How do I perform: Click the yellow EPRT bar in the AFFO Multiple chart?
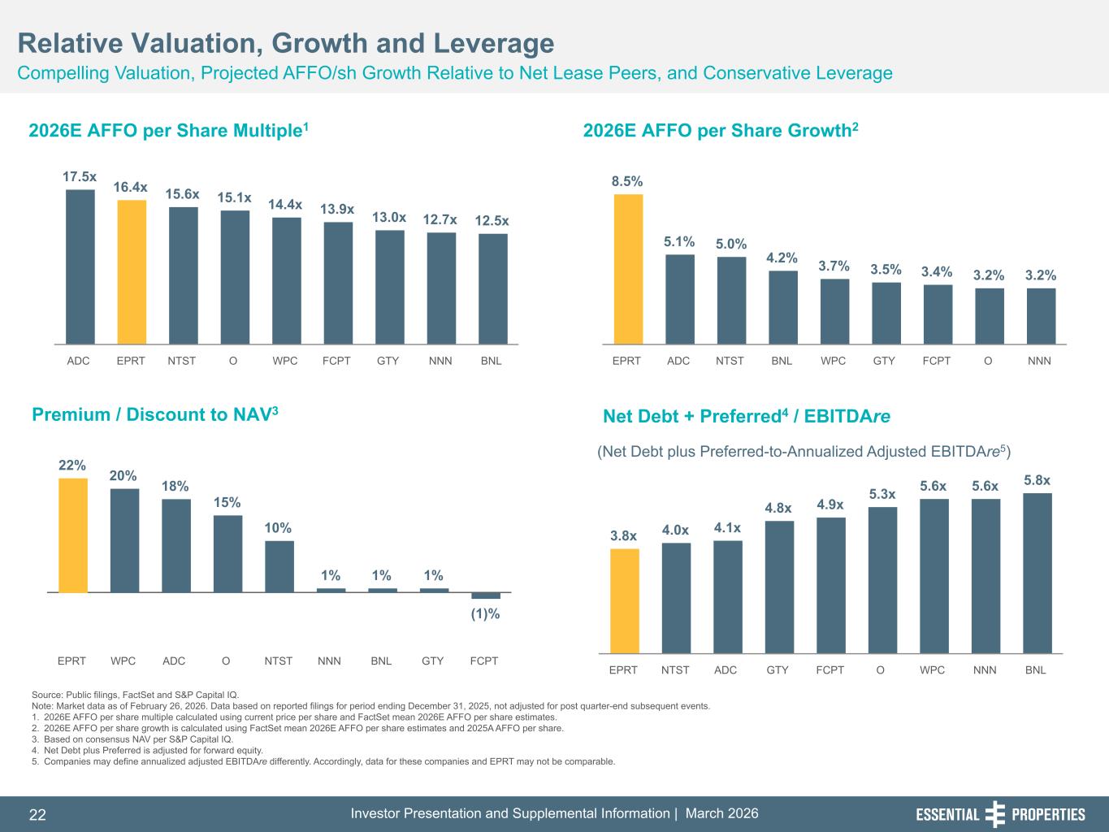pyautogui.click(x=132, y=271)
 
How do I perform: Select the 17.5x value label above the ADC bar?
pyautogui.click(x=80, y=176)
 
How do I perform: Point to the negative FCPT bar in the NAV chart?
pyautogui.click(x=486, y=596)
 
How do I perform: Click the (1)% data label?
pyautogui.click(x=486, y=614)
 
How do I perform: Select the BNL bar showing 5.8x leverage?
pyautogui.click(x=1037, y=573)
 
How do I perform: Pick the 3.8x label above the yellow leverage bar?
pyautogui.click(x=624, y=536)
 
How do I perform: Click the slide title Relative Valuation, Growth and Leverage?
pyautogui.click(x=286, y=43)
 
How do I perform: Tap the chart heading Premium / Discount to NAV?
pyautogui.click(x=155, y=415)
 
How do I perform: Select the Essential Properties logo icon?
pyautogui.click(x=994, y=814)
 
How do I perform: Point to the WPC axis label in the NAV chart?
pyautogui.click(x=123, y=661)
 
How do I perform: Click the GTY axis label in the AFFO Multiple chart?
pyautogui.click(x=388, y=361)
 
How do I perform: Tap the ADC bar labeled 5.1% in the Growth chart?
pyautogui.click(x=679, y=299)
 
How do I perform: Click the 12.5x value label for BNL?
pyautogui.click(x=492, y=221)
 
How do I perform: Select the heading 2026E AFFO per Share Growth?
pyautogui.click(x=721, y=131)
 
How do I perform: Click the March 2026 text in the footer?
pyautogui.click(x=722, y=814)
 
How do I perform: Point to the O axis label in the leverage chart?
pyautogui.click(x=881, y=670)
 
